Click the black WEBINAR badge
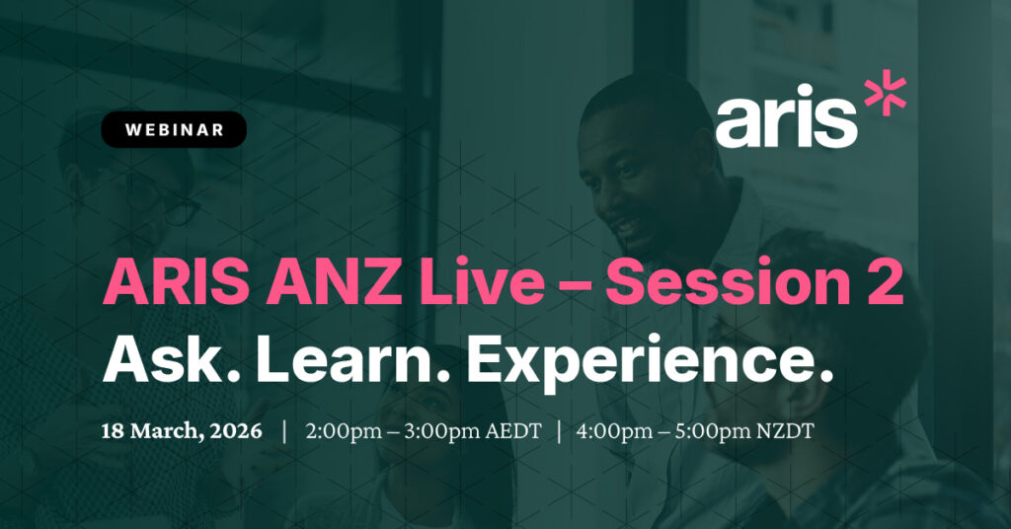tap(174, 129)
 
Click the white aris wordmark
tap(786, 116)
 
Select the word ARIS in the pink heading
tap(176, 282)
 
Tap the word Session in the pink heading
tap(726, 282)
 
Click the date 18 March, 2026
tap(182, 431)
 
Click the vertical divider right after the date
tap(284, 431)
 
